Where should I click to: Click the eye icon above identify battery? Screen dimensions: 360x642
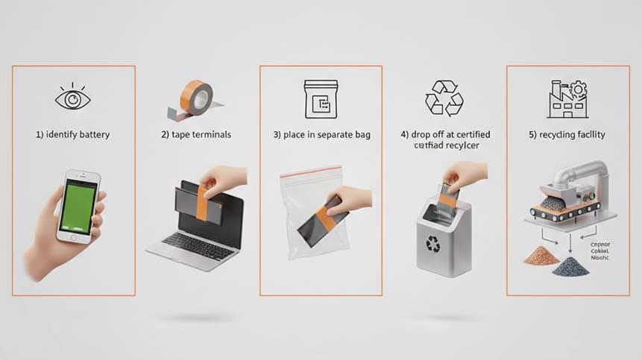(x=73, y=98)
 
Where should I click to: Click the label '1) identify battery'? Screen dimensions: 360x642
(x=73, y=135)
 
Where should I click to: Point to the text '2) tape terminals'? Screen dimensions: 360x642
(x=196, y=135)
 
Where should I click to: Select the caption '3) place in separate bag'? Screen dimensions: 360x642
(x=321, y=135)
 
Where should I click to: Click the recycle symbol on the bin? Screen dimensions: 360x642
(x=432, y=243)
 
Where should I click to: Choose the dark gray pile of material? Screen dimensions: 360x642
(x=570, y=265)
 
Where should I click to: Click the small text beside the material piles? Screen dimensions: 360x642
(x=599, y=251)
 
